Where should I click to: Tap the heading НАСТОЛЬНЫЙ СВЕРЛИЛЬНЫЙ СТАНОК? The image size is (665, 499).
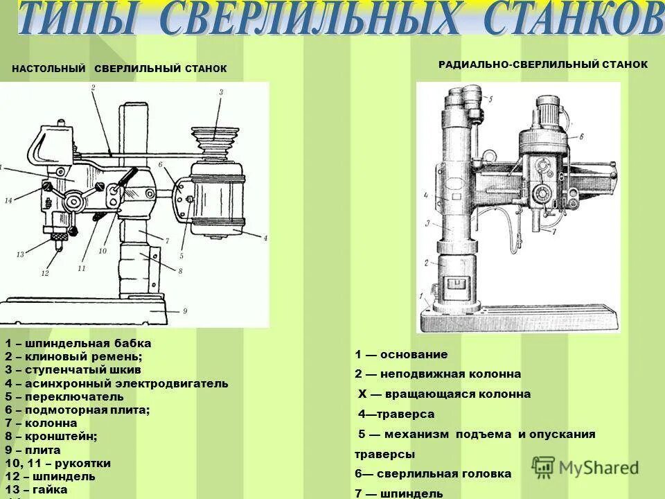[119, 69]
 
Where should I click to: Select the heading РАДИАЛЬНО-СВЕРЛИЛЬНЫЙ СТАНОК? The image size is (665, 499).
[543, 64]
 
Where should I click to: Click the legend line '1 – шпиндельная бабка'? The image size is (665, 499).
[78, 344]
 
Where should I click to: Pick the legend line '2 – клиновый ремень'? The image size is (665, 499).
[73, 357]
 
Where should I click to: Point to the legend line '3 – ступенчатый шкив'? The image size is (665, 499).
[73, 370]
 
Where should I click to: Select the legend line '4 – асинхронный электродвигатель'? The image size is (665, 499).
[116, 383]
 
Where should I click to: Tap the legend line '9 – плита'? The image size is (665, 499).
[33, 450]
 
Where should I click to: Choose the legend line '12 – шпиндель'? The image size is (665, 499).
[50, 476]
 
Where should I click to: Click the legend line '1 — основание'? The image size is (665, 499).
[402, 355]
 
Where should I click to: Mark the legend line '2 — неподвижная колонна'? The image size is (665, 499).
[438, 374]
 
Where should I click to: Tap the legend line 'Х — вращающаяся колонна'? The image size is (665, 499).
[444, 394]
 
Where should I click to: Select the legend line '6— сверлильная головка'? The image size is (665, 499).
[433, 474]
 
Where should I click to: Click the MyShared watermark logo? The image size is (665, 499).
[585, 466]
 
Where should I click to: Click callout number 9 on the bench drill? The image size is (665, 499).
[185, 312]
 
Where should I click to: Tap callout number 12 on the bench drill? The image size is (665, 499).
[45, 274]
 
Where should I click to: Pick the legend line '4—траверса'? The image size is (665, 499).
[396, 414]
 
